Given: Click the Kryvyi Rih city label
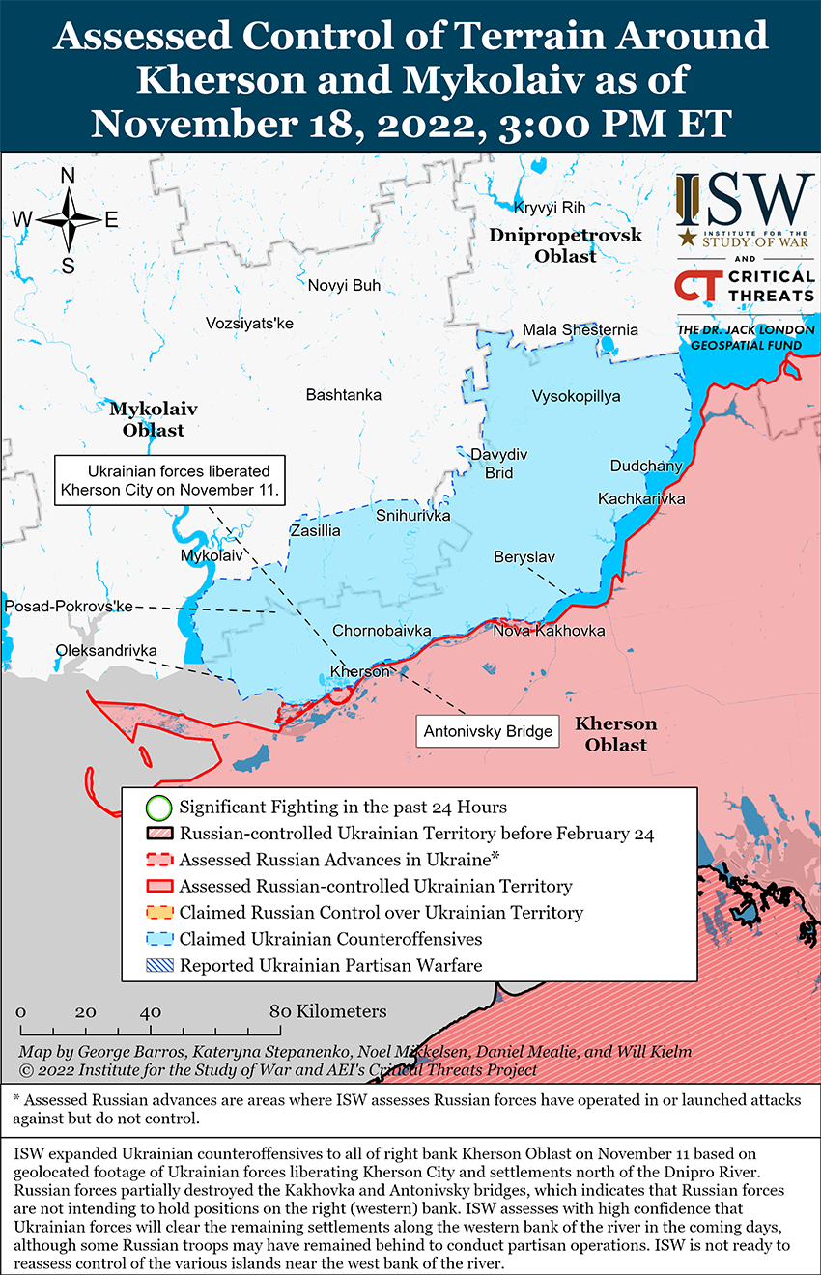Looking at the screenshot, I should (x=550, y=207).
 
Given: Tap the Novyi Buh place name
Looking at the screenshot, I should (x=344, y=285).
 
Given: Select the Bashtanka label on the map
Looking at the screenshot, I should (x=343, y=395).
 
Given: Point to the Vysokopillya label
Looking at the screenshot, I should (x=576, y=396).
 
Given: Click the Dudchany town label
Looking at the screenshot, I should (x=646, y=467).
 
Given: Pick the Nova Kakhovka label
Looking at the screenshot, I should (x=549, y=631).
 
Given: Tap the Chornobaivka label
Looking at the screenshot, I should (x=382, y=631).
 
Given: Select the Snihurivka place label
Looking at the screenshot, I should (x=412, y=516).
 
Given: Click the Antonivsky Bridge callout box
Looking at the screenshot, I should (x=488, y=731).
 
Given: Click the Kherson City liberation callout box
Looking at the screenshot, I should (x=170, y=480).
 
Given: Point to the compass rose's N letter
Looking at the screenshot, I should (x=69, y=176).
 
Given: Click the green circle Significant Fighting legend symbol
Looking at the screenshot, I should (x=159, y=807).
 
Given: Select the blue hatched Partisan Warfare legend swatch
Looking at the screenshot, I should (x=159, y=964).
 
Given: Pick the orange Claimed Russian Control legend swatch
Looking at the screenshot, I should (x=159, y=912).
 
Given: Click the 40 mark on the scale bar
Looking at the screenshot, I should (x=150, y=1012).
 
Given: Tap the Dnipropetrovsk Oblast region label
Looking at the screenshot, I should (x=565, y=245).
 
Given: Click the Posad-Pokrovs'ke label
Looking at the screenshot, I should (x=68, y=606).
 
